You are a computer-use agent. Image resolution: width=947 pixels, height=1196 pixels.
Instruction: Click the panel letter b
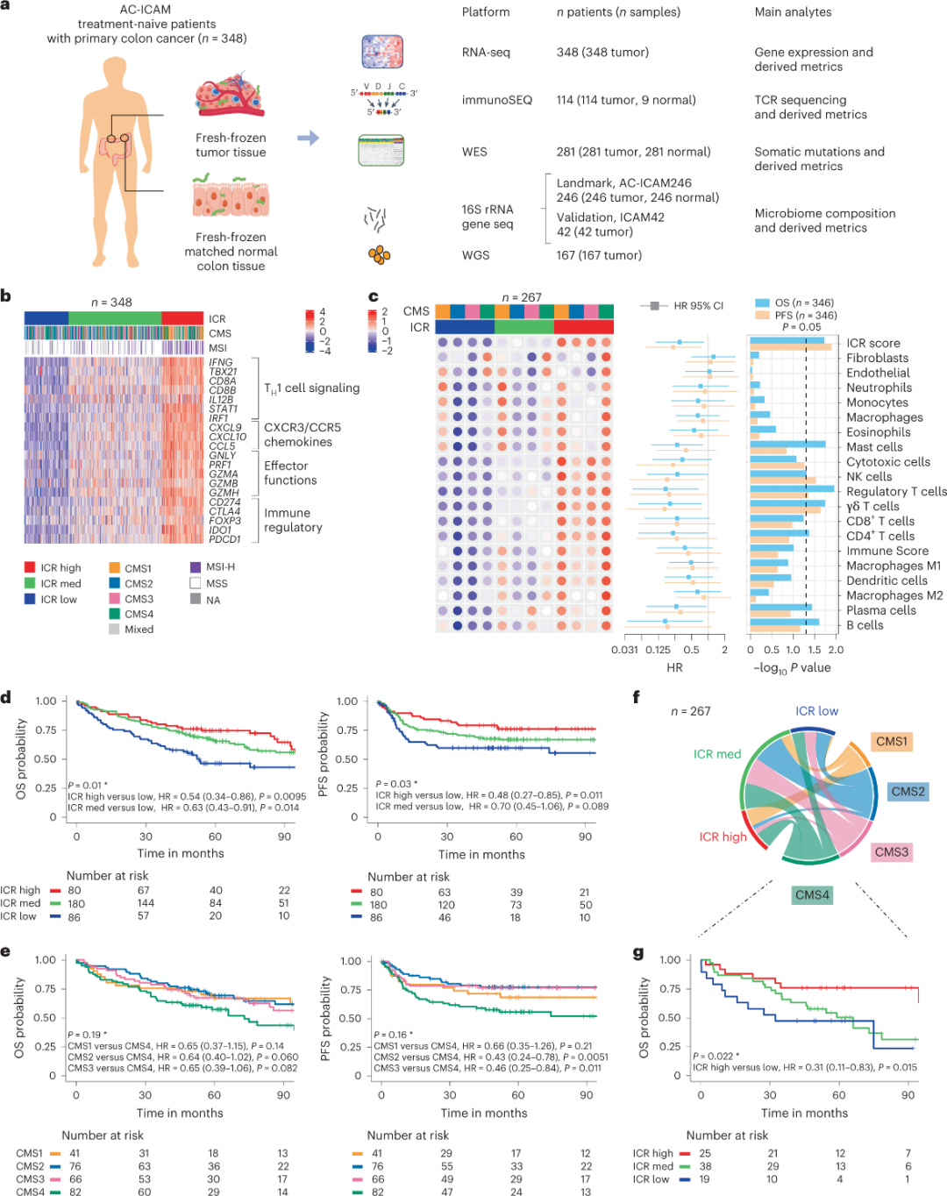point(6,296)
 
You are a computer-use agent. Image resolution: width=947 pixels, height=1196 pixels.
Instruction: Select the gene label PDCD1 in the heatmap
point(224,539)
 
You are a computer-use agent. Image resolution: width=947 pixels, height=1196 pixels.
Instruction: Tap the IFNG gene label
point(221,362)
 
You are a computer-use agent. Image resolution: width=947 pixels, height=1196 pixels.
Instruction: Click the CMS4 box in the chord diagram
point(812,895)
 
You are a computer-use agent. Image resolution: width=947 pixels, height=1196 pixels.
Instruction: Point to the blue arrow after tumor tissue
point(308,138)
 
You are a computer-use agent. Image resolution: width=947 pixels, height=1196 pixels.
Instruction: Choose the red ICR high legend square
point(30,567)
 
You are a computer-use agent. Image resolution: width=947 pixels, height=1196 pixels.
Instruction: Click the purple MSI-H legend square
point(196,567)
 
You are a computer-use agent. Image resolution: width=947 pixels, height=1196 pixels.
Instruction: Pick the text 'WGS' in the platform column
point(475,255)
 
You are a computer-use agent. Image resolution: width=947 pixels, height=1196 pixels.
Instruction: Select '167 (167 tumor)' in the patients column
point(599,255)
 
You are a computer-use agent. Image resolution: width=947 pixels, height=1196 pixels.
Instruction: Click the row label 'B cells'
point(865,625)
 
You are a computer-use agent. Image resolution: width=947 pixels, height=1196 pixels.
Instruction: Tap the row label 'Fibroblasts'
point(877,358)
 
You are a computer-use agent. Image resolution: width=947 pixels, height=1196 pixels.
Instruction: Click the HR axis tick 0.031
point(624,650)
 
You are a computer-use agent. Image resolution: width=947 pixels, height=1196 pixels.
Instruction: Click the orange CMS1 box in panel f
point(892,742)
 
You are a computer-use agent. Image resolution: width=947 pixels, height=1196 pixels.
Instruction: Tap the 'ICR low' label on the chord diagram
point(816,711)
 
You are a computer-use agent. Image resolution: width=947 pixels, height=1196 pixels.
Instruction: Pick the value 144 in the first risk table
point(146,903)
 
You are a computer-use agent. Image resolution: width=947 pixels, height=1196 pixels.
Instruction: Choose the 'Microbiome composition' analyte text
point(825,213)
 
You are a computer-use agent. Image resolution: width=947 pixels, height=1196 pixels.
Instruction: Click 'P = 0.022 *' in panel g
point(716,1056)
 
